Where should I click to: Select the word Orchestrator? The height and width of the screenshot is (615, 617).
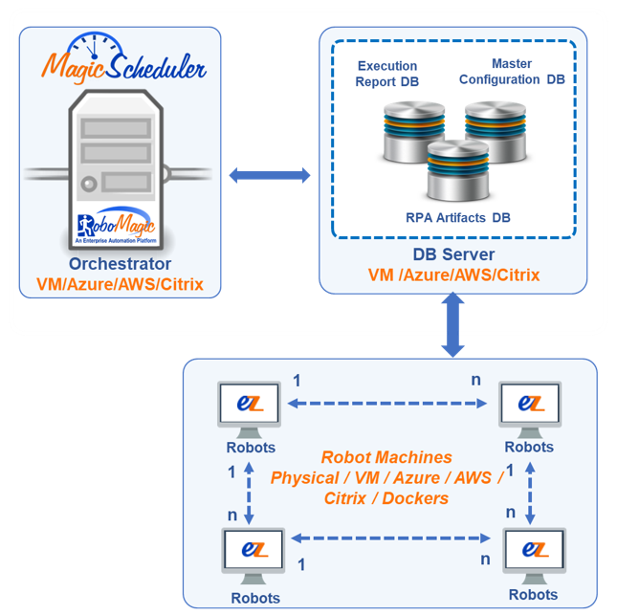pos(120,264)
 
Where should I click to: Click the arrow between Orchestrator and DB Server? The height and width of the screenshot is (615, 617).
pos(270,175)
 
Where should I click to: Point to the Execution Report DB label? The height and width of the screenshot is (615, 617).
pos(387,74)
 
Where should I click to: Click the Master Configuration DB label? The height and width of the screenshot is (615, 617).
pos(512,72)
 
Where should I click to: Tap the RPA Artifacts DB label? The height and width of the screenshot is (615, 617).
pos(456,218)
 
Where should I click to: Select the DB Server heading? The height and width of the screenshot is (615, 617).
pos(453,254)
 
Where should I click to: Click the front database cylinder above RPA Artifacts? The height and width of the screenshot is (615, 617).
pos(453,170)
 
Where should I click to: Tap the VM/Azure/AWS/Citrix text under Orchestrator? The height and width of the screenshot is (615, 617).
pos(120,284)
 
